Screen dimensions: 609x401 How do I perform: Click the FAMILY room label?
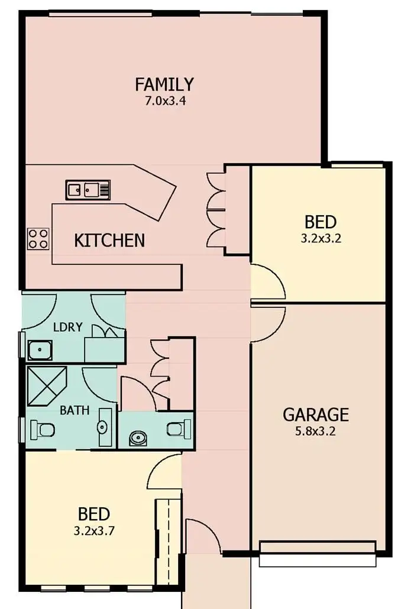(x=164, y=85)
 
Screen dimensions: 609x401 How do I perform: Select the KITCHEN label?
(x=109, y=240)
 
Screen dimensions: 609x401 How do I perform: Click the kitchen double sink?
(x=87, y=190)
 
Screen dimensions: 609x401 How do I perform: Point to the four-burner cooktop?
(x=38, y=238)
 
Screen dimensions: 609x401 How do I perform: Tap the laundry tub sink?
(x=40, y=350)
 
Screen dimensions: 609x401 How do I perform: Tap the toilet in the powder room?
(x=179, y=427)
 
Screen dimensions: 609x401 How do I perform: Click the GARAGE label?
(x=315, y=414)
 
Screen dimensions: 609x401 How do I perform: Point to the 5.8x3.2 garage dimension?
(x=316, y=431)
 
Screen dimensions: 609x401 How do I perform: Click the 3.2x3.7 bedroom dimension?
(x=94, y=530)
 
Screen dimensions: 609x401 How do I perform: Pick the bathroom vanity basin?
(x=104, y=426)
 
